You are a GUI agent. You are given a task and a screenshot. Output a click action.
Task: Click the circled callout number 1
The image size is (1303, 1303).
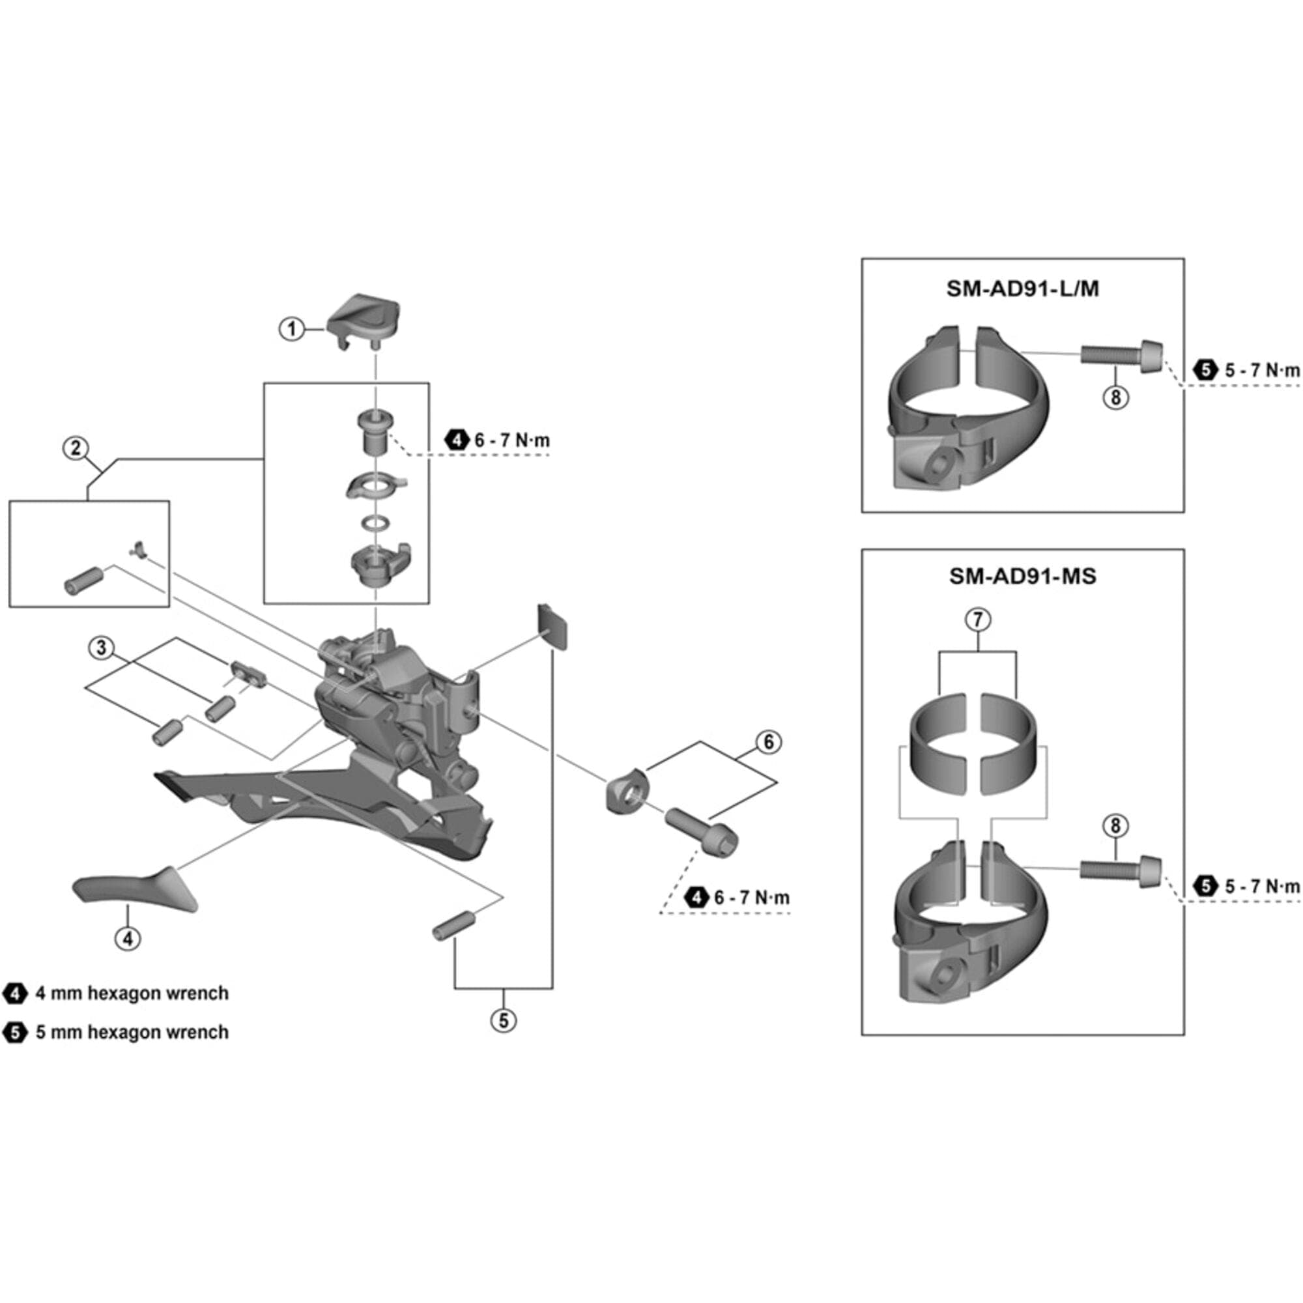(x=291, y=329)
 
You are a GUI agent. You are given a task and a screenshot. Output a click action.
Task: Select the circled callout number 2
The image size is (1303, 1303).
(x=76, y=448)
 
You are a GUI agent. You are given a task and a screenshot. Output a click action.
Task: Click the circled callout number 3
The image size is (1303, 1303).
(x=101, y=648)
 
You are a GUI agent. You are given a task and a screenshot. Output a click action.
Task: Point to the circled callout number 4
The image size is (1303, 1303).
(x=128, y=938)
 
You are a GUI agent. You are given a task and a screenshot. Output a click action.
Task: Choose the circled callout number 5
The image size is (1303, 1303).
(x=504, y=1020)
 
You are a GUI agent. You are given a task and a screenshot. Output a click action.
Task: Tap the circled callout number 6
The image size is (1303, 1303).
(x=768, y=742)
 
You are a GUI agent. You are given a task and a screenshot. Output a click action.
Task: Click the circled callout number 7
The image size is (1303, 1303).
(x=978, y=619)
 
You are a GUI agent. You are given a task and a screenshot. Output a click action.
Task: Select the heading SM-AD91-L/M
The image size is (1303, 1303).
(x=1022, y=289)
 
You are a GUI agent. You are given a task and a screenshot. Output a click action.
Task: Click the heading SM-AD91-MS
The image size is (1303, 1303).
(x=1022, y=576)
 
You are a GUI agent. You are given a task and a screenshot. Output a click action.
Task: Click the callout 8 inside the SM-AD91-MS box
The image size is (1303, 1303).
(x=1115, y=825)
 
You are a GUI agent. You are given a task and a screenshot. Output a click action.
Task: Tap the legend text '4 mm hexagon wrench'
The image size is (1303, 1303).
(x=132, y=993)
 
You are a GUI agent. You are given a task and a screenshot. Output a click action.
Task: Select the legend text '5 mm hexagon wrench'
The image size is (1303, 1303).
(x=132, y=1032)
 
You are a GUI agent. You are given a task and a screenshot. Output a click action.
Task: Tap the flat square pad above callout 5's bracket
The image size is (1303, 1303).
(x=552, y=627)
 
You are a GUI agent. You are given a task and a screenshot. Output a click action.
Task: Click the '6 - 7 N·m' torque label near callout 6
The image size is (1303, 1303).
(x=751, y=898)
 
